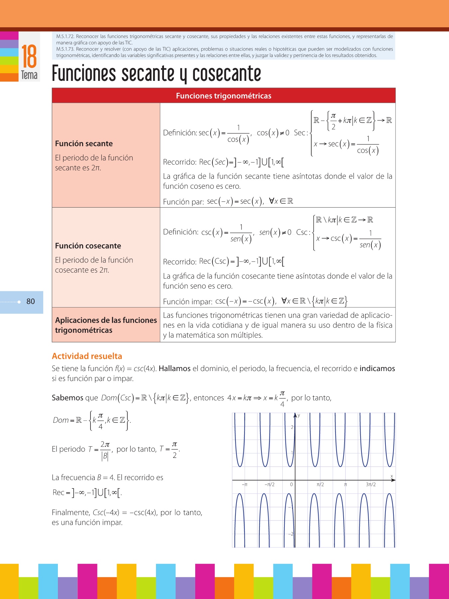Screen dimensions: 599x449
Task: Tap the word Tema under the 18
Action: [29, 75]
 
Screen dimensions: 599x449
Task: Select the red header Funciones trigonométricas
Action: [224, 96]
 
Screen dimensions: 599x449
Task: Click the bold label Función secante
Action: [84, 143]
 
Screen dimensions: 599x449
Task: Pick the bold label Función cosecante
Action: [88, 246]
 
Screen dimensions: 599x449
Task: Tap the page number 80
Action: [31, 301]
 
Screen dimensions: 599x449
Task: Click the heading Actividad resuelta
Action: [87, 356]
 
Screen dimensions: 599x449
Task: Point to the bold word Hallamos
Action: [175, 368]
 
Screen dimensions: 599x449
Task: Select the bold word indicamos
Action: [377, 368]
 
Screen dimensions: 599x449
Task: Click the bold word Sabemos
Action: [68, 398]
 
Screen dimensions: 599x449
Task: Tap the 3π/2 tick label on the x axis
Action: [371, 485]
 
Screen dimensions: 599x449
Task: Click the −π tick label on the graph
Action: [244, 485]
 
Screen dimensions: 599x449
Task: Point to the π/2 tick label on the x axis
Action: [320, 485]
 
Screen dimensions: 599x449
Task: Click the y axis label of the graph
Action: [299, 415]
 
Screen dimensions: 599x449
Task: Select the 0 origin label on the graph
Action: [291, 485]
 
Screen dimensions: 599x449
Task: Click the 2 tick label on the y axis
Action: [292, 427]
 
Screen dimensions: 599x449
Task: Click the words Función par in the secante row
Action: [183, 202]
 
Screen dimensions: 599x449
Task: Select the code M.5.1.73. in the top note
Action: [65, 49]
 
